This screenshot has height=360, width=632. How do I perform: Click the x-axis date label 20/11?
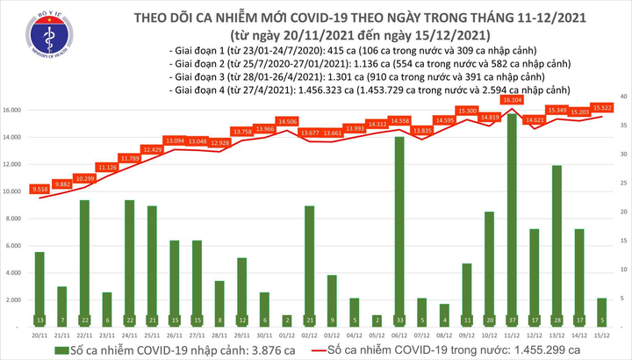coord(39,335)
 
